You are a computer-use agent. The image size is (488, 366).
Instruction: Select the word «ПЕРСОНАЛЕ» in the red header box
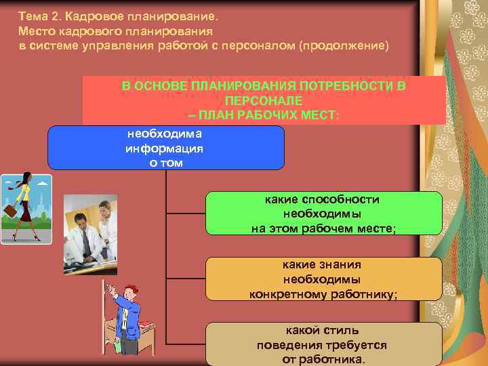[x=264, y=100]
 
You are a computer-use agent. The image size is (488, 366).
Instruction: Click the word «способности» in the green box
[x=342, y=199]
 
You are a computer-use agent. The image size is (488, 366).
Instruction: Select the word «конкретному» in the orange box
[x=287, y=294]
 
